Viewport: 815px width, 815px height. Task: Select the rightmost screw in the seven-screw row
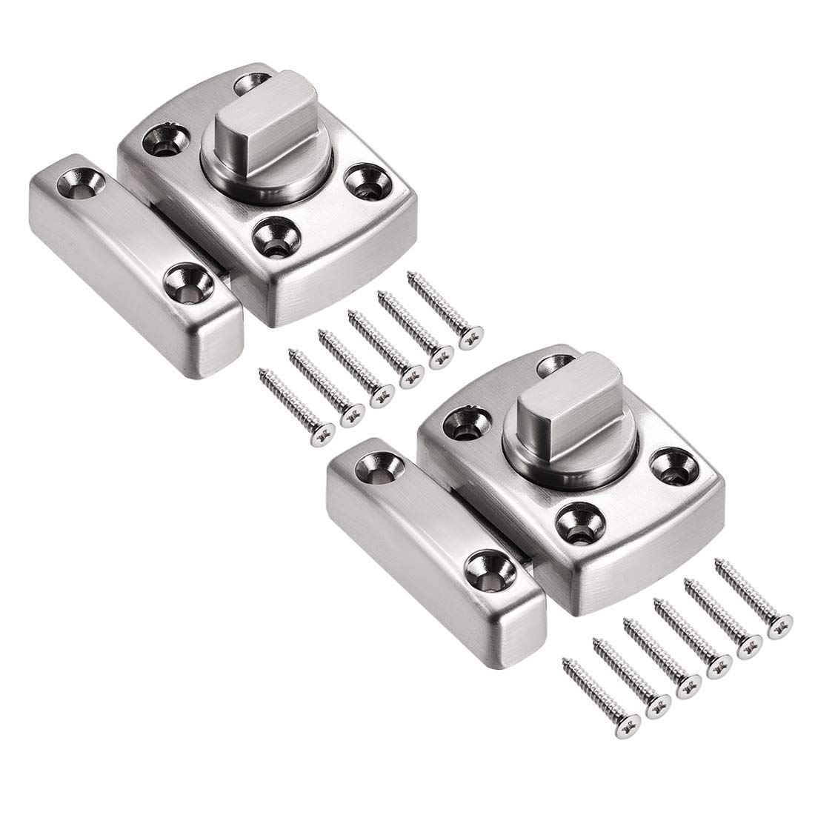(445, 311)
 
